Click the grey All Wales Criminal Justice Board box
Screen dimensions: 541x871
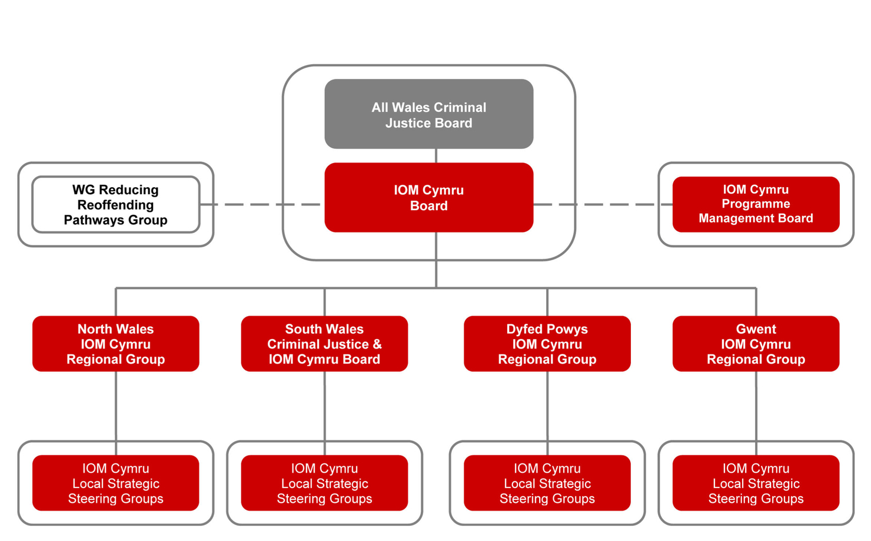tap(428, 114)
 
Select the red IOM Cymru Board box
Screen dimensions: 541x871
tap(428, 198)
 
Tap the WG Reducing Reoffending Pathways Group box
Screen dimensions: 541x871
tap(116, 205)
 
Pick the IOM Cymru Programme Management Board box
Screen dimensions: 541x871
tap(756, 204)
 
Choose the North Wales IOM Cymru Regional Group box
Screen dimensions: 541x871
tap(116, 344)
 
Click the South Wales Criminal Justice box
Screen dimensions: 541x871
tap(324, 344)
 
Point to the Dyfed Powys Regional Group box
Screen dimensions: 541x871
tap(547, 344)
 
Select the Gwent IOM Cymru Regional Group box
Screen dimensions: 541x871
tap(756, 344)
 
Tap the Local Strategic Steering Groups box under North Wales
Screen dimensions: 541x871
tap(116, 483)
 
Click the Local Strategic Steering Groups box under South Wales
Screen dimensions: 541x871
tap(324, 483)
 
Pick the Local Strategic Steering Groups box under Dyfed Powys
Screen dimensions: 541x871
tap(547, 483)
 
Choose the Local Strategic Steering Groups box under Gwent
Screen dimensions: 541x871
tap(756, 483)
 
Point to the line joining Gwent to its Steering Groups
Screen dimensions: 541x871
tap(756, 406)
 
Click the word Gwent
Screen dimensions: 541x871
tap(756, 329)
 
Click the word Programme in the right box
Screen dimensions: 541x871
tap(756, 204)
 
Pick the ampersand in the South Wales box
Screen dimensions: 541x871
tap(377, 344)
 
